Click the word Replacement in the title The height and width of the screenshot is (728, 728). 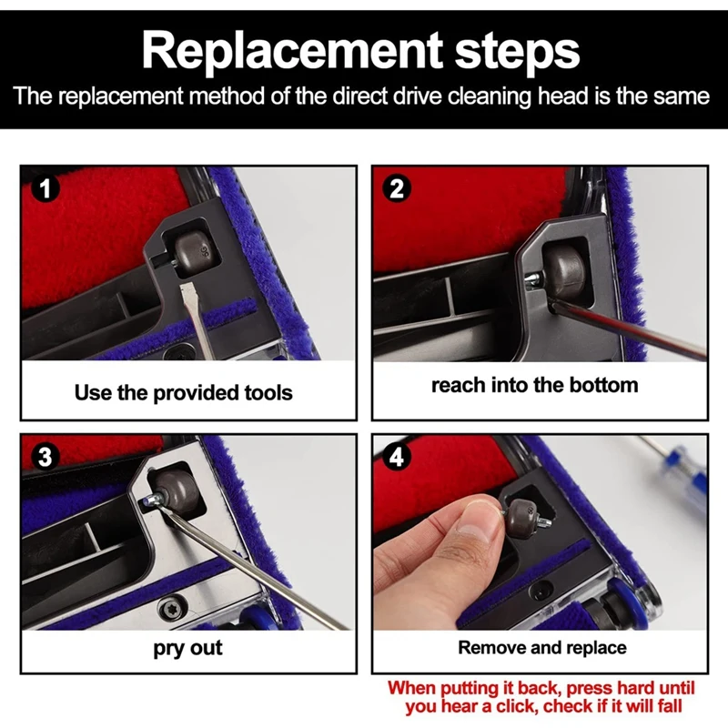tap(292, 52)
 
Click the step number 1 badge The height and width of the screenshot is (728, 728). tap(45, 188)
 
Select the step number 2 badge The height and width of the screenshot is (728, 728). tap(396, 188)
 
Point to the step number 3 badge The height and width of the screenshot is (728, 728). tap(45, 457)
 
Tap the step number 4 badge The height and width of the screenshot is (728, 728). tap(396, 458)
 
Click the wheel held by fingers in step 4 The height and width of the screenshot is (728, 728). tap(521, 517)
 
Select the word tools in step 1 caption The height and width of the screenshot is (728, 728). tap(268, 393)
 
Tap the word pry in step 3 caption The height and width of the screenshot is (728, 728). tap(169, 649)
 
